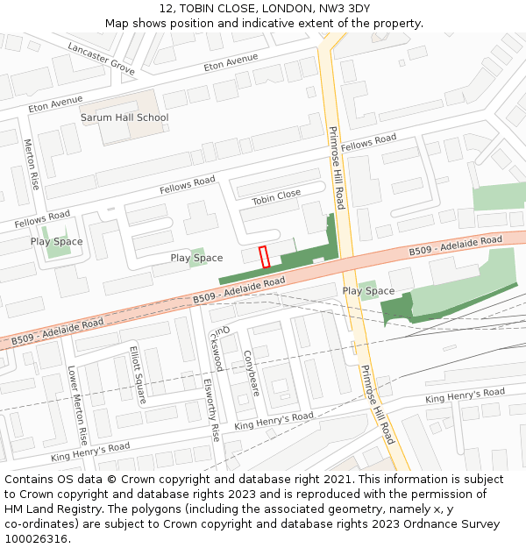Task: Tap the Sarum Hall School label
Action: coord(124,117)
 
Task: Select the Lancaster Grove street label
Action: coord(101,57)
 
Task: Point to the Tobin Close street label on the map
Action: coord(276,197)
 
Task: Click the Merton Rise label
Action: coord(31,164)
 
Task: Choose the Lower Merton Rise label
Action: coord(77,405)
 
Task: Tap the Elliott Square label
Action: coord(139,374)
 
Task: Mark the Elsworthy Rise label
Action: coord(210,409)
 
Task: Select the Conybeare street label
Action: coord(250,374)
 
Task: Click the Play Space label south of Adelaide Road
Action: coord(368,291)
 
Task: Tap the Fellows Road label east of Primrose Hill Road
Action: coord(368,142)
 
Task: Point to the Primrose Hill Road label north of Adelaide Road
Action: coord(337,167)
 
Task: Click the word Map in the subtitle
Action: coord(117,24)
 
